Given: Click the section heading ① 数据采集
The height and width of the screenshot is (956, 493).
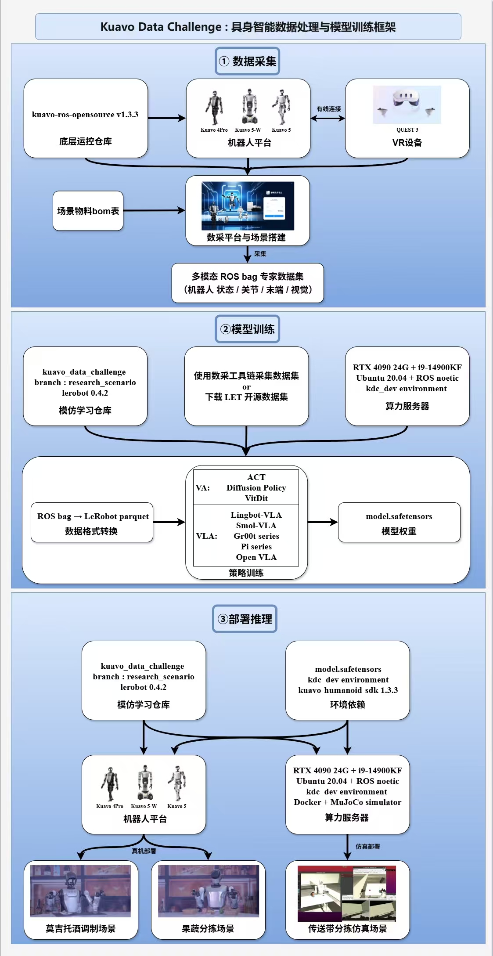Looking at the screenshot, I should point(247,61).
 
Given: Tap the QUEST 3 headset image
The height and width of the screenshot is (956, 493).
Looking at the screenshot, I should point(407,104).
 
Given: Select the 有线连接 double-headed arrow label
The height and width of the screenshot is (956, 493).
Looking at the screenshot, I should point(328,109).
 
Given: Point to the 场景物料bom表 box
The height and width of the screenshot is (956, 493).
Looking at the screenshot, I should point(88,211).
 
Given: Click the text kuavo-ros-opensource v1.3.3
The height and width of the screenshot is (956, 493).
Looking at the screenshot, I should point(85,115).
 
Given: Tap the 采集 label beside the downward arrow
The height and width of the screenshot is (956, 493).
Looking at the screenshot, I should point(260,254).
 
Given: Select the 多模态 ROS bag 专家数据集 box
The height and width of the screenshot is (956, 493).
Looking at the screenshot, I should point(247,283).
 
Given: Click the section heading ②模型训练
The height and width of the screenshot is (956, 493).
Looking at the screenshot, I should point(247,329).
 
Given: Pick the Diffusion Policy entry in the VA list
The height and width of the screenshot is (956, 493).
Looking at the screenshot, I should point(256,488).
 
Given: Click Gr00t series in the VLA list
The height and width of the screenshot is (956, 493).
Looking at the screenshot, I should point(256,536).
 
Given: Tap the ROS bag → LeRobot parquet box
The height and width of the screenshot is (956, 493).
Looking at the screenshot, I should point(92,522).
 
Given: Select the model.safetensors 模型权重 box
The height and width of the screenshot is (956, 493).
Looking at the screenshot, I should point(399,522).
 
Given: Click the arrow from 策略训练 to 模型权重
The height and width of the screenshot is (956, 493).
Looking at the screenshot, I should point(323,522).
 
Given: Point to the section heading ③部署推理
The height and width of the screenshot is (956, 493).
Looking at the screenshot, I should point(245,619).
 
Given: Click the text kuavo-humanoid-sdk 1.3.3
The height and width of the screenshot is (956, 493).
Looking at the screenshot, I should point(348,690).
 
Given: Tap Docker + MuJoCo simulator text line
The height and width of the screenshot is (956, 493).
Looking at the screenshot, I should point(347,802).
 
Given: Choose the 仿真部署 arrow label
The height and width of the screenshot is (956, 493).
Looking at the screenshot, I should point(367,847).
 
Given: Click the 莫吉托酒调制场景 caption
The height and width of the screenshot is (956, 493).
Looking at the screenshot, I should point(81,928).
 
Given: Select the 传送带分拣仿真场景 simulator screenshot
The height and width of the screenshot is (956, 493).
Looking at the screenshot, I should point(347,893).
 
